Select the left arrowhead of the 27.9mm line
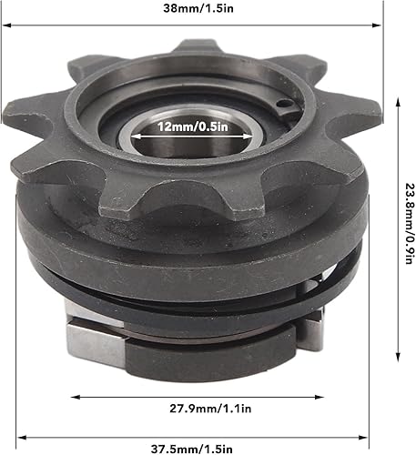pyautogui.click(x=74, y=398)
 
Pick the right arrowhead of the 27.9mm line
pyautogui.click(x=320, y=398)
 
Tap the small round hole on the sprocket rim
pyautogui.click(x=285, y=106)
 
